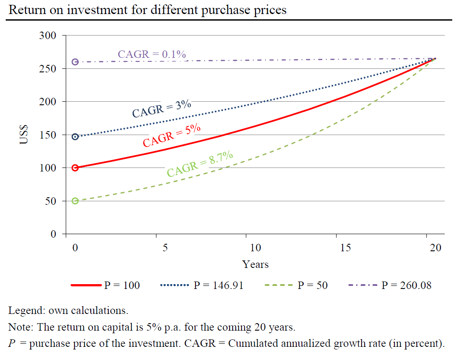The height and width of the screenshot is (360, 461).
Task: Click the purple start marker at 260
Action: (75, 62)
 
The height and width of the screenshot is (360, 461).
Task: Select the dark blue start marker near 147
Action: (75, 137)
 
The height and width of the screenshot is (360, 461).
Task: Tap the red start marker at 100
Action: (75, 168)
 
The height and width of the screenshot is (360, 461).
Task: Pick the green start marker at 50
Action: (75, 201)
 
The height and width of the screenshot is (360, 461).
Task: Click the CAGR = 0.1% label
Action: (152, 54)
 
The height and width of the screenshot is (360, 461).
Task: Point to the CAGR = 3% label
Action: (162, 109)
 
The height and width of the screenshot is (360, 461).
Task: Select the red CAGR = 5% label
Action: (172, 135)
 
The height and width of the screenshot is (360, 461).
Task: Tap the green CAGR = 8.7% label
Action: (200, 163)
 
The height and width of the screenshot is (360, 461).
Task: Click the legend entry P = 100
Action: (122, 285)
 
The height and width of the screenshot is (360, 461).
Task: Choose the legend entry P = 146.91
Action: (218, 285)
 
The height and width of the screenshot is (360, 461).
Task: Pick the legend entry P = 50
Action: (312, 285)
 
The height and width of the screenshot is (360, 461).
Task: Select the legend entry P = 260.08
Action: (406, 285)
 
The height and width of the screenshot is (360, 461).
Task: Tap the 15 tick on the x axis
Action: (345, 248)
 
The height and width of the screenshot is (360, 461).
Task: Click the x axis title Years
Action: (255, 264)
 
